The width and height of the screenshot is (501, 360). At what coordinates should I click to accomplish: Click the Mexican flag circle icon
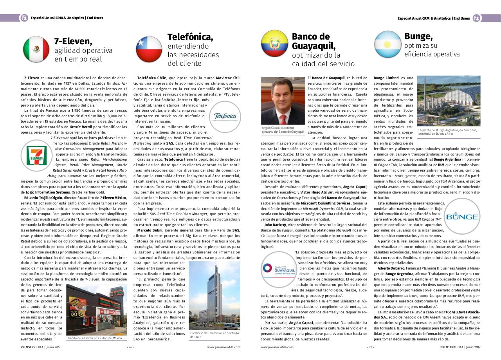[x=36, y=49]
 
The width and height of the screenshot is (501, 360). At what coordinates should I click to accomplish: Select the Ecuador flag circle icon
[x=274, y=43]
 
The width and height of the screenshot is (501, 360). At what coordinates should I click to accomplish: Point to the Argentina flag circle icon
[x=387, y=44]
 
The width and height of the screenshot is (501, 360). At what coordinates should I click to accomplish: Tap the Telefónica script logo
[x=225, y=116]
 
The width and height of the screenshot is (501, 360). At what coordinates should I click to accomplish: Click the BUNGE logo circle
[x=461, y=217]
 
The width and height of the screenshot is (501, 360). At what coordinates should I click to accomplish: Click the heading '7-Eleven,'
[x=73, y=41]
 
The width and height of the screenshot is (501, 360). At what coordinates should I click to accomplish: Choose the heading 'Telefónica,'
[x=190, y=37]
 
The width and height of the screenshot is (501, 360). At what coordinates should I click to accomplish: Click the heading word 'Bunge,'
[x=418, y=36]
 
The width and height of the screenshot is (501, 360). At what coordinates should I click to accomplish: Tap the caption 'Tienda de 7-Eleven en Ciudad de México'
[x=95, y=338]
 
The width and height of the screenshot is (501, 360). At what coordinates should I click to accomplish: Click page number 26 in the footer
[x=130, y=347]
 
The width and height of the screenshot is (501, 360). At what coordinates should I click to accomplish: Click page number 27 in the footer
[x=370, y=347]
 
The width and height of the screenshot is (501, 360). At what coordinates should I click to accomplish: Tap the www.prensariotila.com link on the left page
[x=223, y=347]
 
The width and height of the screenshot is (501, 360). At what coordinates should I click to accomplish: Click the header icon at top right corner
[x=476, y=18]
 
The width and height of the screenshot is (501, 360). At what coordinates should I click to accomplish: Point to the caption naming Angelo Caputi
[x=283, y=130]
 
